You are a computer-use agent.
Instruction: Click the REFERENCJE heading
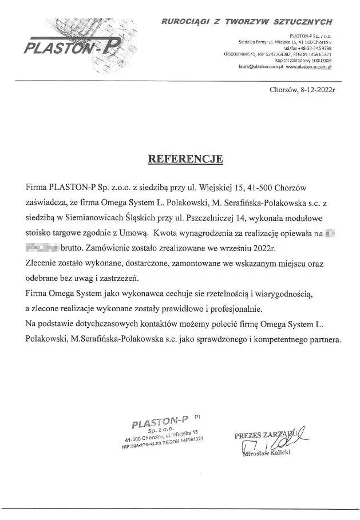click(185, 158)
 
